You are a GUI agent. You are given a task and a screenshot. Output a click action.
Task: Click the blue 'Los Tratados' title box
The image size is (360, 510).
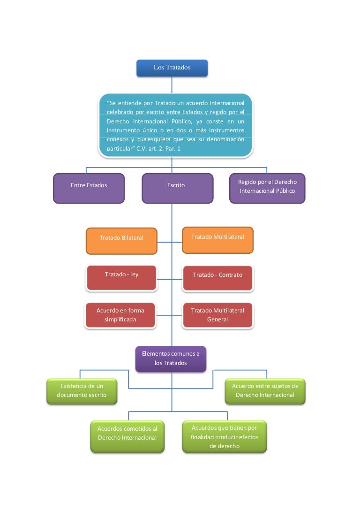pos(172,68)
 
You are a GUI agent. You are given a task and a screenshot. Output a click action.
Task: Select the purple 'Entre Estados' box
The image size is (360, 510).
pos(89,188)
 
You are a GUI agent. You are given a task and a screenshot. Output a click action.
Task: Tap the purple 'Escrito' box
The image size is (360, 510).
pos(177,188)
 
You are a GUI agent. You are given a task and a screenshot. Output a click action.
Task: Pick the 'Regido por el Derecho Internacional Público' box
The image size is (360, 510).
pos(267,188)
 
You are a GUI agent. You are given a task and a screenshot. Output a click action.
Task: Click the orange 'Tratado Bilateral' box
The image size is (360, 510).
pos(121,241)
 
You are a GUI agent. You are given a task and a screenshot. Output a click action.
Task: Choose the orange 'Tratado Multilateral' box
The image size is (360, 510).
pos(217,240)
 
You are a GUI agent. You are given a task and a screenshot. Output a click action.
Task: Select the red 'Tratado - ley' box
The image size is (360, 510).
pos(121,277)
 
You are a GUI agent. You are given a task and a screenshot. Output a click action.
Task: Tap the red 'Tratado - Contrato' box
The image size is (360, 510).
pos(217,278)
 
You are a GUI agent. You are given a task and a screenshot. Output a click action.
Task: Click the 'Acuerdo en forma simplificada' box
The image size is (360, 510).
pos(120,315)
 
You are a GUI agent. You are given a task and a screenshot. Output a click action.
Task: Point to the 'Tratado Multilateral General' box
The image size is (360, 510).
pos(217,315)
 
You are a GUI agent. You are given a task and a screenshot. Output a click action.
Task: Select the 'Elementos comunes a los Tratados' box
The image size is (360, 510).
pos(171,359)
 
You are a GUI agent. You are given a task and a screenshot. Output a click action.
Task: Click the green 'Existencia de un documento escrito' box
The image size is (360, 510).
pos(82,391)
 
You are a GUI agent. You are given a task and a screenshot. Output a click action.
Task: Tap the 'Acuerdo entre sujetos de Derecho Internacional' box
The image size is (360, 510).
pos(265,391)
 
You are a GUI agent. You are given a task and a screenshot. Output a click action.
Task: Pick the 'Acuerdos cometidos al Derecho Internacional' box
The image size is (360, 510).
pos(127,436)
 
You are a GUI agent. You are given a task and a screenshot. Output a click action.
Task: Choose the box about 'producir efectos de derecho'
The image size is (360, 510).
pos(224,436)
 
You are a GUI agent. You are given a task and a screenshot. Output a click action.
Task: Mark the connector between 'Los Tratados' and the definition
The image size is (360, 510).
pos(172,85)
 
